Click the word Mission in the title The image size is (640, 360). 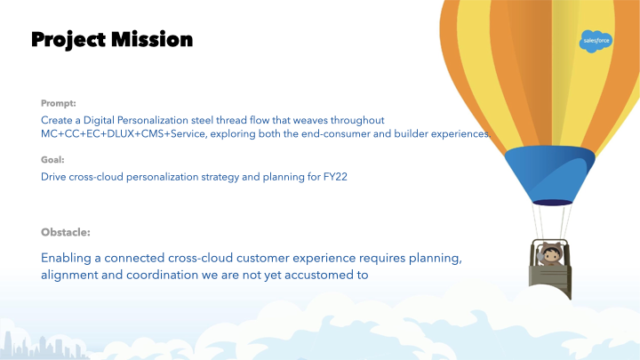pos(152,40)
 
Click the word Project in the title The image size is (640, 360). pos(68,40)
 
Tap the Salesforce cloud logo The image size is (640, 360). pos(596,41)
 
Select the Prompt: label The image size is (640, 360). pos(59,103)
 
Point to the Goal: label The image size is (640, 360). pos(52,160)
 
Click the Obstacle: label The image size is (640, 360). pos(65,232)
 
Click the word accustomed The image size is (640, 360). pos(319,275)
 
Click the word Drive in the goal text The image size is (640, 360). pos(53,177)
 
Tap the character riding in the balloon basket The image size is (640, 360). pos(550,254)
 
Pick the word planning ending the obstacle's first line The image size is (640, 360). pos(435,259)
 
